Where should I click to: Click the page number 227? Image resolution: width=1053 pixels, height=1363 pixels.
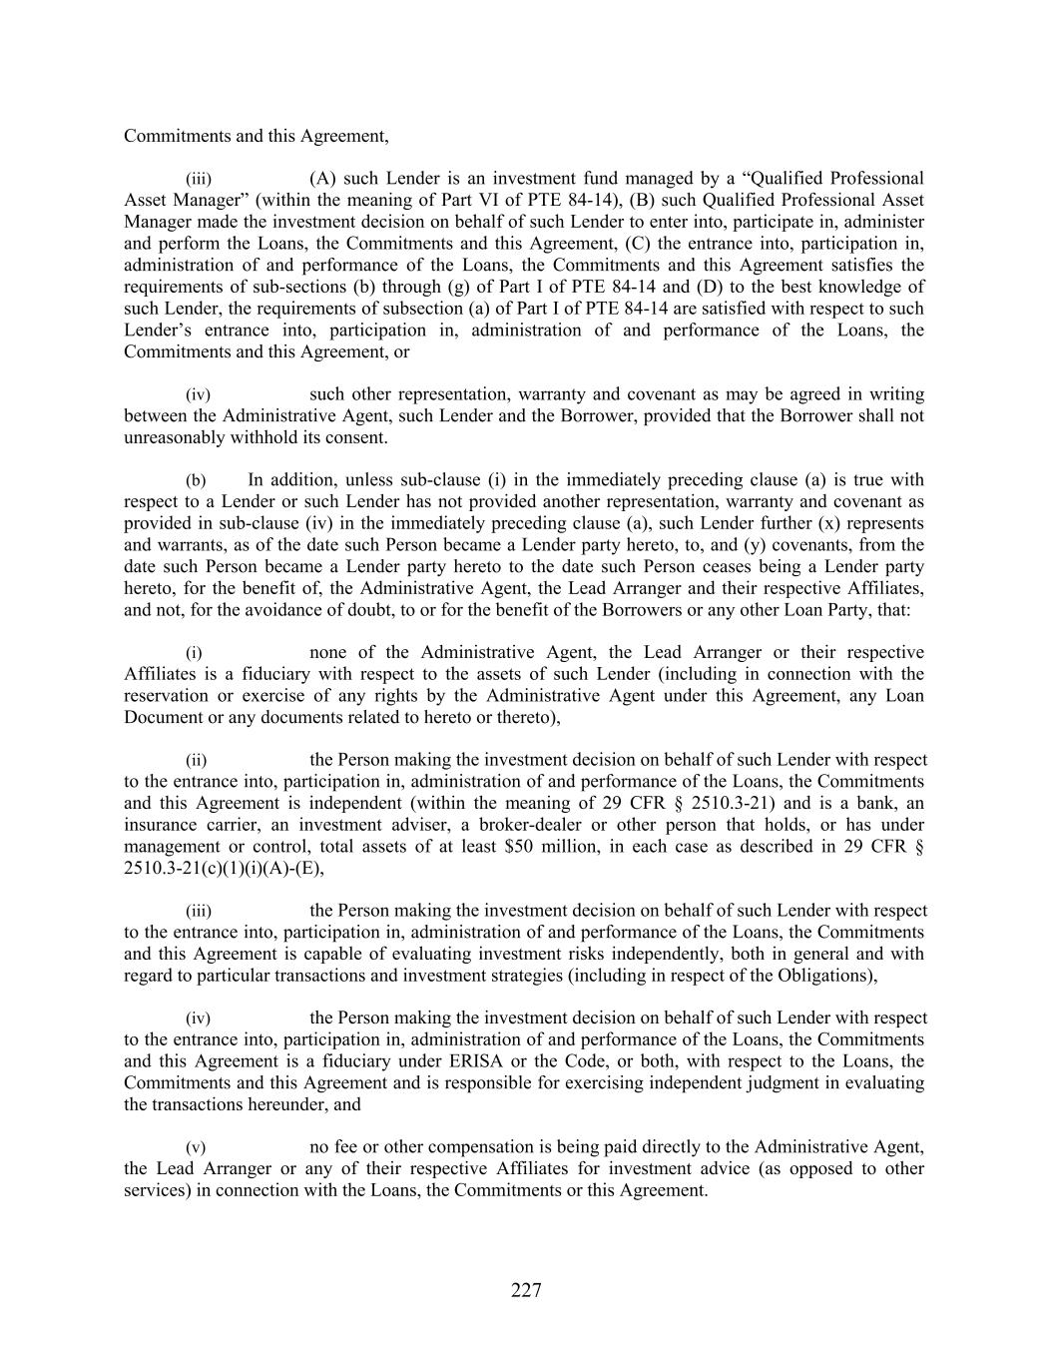pyautogui.click(x=526, y=1291)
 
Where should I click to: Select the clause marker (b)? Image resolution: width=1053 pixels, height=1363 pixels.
pyautogui.click(x=198, y=480)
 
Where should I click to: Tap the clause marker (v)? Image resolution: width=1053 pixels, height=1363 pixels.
pyautogui.click(x=198, y=1147)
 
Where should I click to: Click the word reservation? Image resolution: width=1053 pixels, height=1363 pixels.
pyautogui.click(x=166, y=696)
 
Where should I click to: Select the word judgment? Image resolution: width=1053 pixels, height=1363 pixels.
pyautogui.click(x=787, y=1082)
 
